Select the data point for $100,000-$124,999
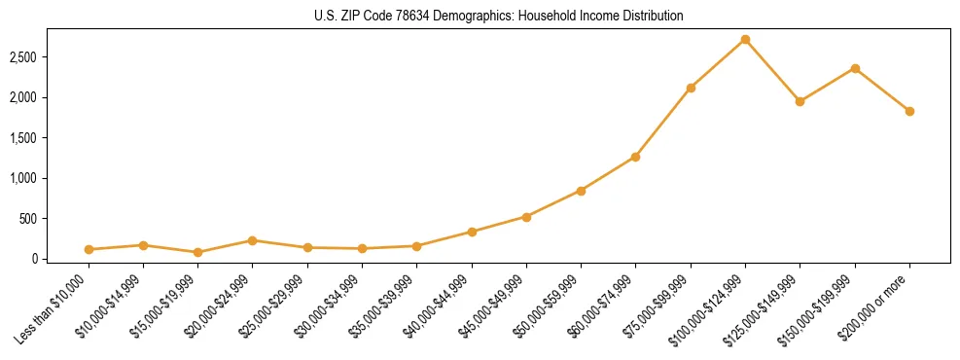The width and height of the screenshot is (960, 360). click(x=745, y=40)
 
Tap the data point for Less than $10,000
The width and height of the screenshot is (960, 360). click(x=89, y=250)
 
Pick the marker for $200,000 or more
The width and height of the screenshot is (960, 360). click(x=909, y=112)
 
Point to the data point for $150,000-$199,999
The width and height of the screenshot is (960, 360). click(x=855, y=68)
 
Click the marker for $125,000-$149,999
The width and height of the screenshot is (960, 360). click(x=800, y=101)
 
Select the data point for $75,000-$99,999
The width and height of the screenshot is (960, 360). click(x=691, y=88)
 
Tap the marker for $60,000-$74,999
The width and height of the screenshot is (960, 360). click(x=635, y=157)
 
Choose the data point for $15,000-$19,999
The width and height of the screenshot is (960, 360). click(x=197, y=252)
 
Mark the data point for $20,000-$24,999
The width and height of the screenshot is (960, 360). click(x=252, y=240)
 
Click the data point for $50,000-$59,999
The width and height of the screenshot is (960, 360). click(x=581, y=191)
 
